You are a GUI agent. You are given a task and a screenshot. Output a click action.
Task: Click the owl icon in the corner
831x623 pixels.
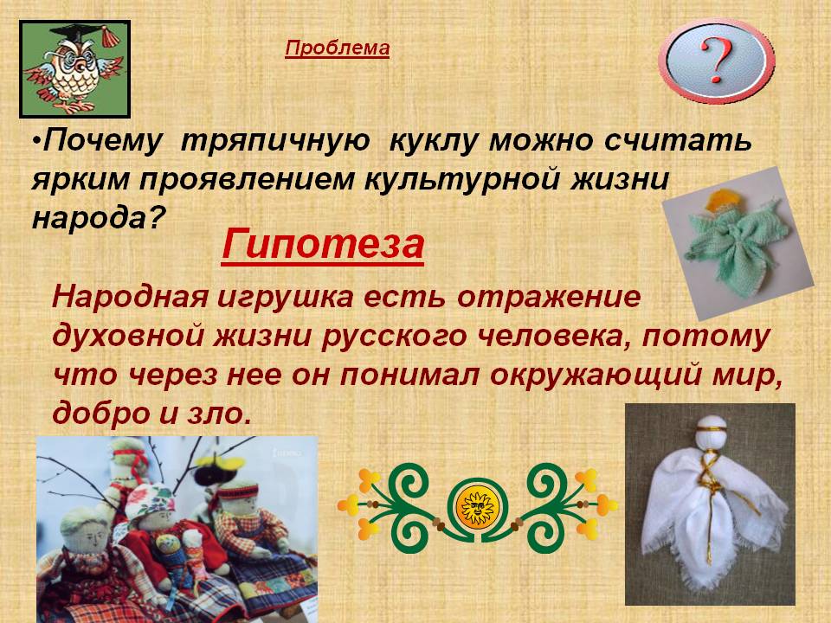(x=74, y=69)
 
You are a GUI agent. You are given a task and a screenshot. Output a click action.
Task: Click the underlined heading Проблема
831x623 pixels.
(x=337, y=48)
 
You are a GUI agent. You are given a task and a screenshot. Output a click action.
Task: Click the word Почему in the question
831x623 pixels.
(x=102, y=142)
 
